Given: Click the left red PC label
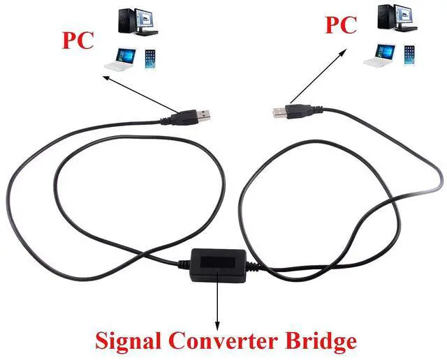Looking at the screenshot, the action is click(x=79, y=39).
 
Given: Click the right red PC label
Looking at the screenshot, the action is click(x=341, y=25).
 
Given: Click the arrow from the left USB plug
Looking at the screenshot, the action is click(x=140, y=94).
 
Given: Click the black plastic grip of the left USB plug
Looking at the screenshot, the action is click(x=184, y=117).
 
